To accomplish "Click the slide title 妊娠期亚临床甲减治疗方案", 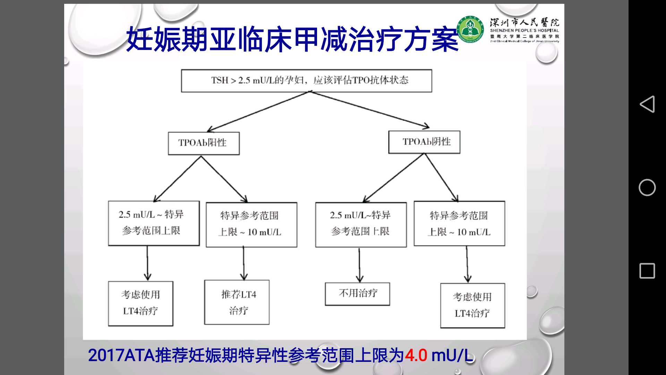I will coord(292,39).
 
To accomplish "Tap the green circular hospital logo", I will coord(470,30).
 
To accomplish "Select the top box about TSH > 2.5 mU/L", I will coord(306,81).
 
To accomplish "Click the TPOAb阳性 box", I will coord(204,143).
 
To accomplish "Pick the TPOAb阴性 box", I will coord(424,142).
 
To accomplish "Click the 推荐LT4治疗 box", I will coord(237,302).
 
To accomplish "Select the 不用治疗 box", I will coord(357,294).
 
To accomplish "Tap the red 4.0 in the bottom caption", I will coord(416,356).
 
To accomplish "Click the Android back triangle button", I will coord(647,104).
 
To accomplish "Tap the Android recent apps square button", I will coord(647,271).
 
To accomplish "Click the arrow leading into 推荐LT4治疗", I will coord(244,263).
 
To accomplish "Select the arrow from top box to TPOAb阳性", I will coord(258,111).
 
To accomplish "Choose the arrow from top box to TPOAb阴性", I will coord(370,109).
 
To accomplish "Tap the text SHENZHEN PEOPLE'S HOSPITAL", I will coord(524,31).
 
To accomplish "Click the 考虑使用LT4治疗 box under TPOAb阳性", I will coord(140,303).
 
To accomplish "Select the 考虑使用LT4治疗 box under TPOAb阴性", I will coord(472,306).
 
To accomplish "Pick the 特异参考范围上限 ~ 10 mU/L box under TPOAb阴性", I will coord(459,224).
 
